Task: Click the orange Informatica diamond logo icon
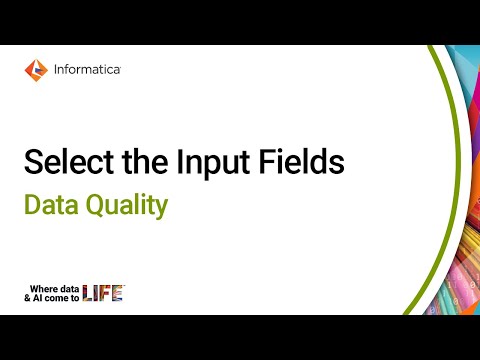35,69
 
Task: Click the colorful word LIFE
103,293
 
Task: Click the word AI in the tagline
43,297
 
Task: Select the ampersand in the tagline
29,297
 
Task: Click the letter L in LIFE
87,293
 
